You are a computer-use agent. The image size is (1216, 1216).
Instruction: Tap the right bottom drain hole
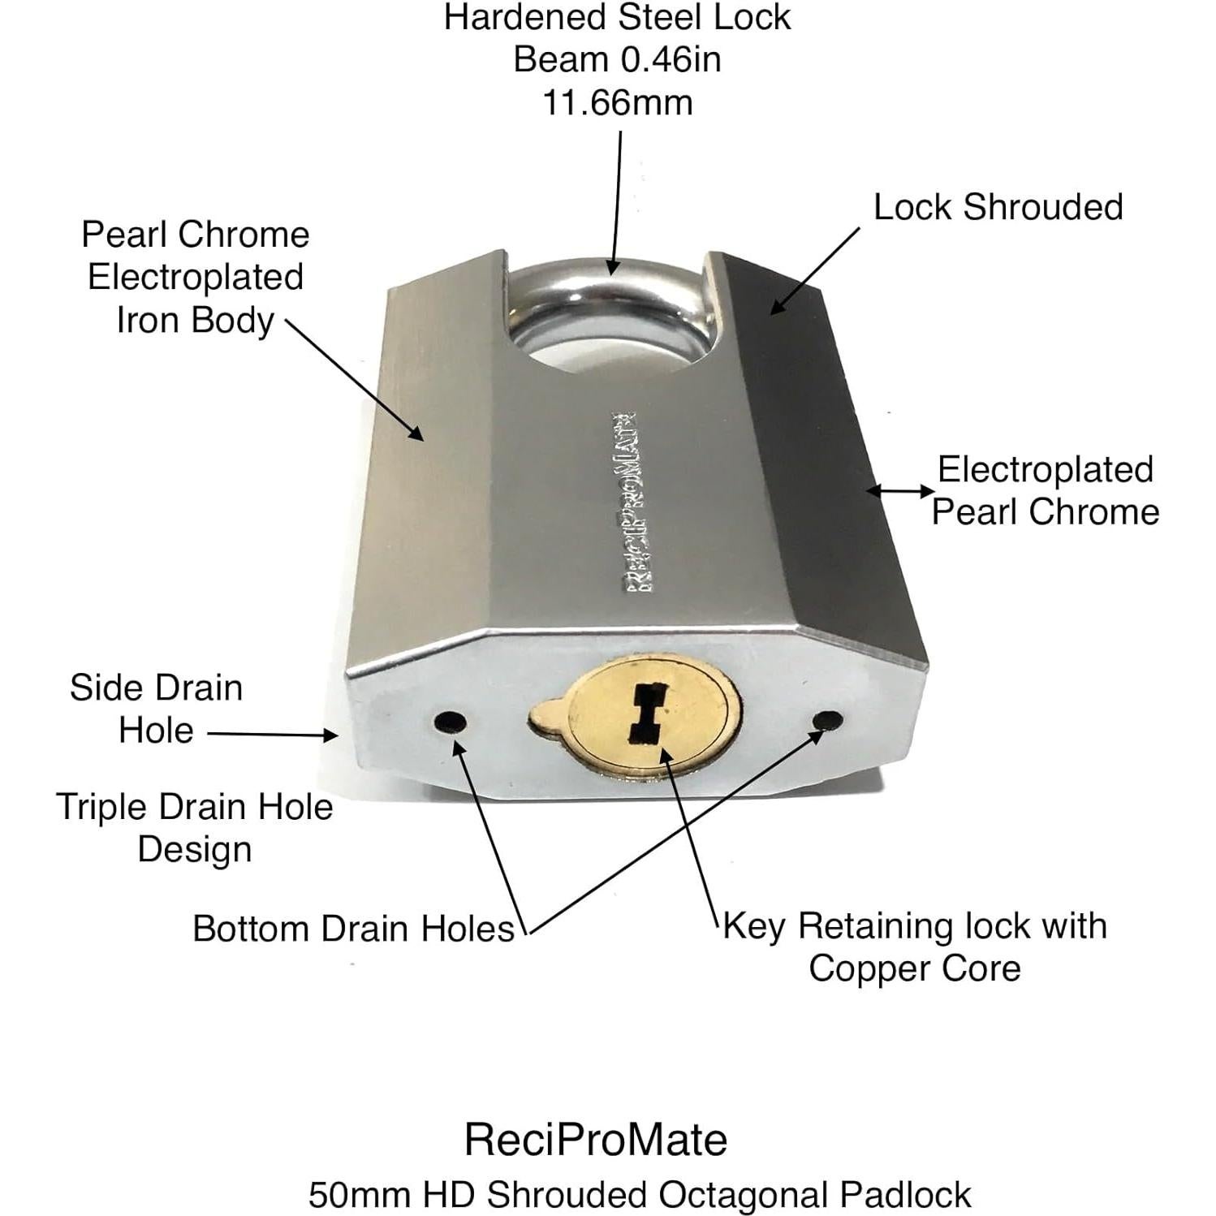point(827,720)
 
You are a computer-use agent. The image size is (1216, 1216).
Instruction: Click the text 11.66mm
point(617,103)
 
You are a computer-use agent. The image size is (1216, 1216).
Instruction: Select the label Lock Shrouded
point(998,207)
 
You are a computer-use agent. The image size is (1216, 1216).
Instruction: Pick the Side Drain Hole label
point(156,709)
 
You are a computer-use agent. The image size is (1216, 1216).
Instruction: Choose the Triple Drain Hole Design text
point(195,828)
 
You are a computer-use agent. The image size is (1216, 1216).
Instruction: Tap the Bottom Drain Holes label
point(353,929)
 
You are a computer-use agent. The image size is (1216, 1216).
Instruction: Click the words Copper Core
point(914,968)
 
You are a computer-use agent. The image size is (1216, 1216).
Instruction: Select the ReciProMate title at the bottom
point(596,1139)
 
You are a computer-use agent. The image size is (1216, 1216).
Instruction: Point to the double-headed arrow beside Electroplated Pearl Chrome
point(900,490)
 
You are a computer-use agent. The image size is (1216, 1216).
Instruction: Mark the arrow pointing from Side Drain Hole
point(272,734)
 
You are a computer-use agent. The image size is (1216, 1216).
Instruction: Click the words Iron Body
point(195,320)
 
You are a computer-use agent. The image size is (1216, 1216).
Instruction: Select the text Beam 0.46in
point(617,60)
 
